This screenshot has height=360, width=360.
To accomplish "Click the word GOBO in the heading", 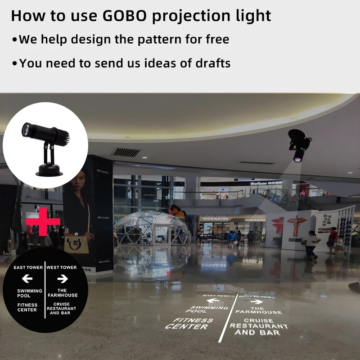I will [x=124, y=16].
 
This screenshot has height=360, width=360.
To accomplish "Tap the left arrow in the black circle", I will [x=27, y=279].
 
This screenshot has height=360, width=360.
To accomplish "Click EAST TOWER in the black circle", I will [x=28, y=267].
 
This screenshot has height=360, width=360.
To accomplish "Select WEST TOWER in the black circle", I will [x=62, y=267].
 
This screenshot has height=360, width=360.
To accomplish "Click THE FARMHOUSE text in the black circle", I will [x=62, y=293].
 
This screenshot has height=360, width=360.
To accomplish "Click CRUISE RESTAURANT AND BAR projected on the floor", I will [x=258, y=327].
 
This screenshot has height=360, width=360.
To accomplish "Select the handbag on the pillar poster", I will [x=76, y=245].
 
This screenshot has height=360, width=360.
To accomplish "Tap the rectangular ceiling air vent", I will [x=126, y=152].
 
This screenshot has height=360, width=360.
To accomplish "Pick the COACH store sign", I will [x=215, y=219].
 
